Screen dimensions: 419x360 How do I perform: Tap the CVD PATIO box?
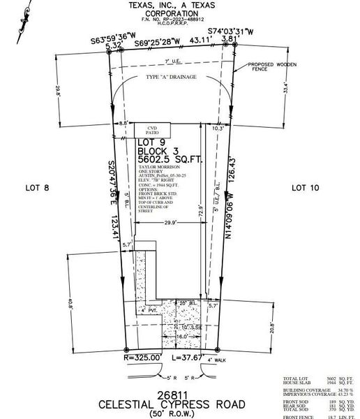pos(152,131)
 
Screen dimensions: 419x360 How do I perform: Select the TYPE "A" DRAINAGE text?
pos(171,75)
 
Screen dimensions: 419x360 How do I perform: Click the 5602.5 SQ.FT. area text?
pos(170,159)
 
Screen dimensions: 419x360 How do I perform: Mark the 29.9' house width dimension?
pos(168,223)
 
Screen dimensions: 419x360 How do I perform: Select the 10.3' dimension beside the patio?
pos(217,128)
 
